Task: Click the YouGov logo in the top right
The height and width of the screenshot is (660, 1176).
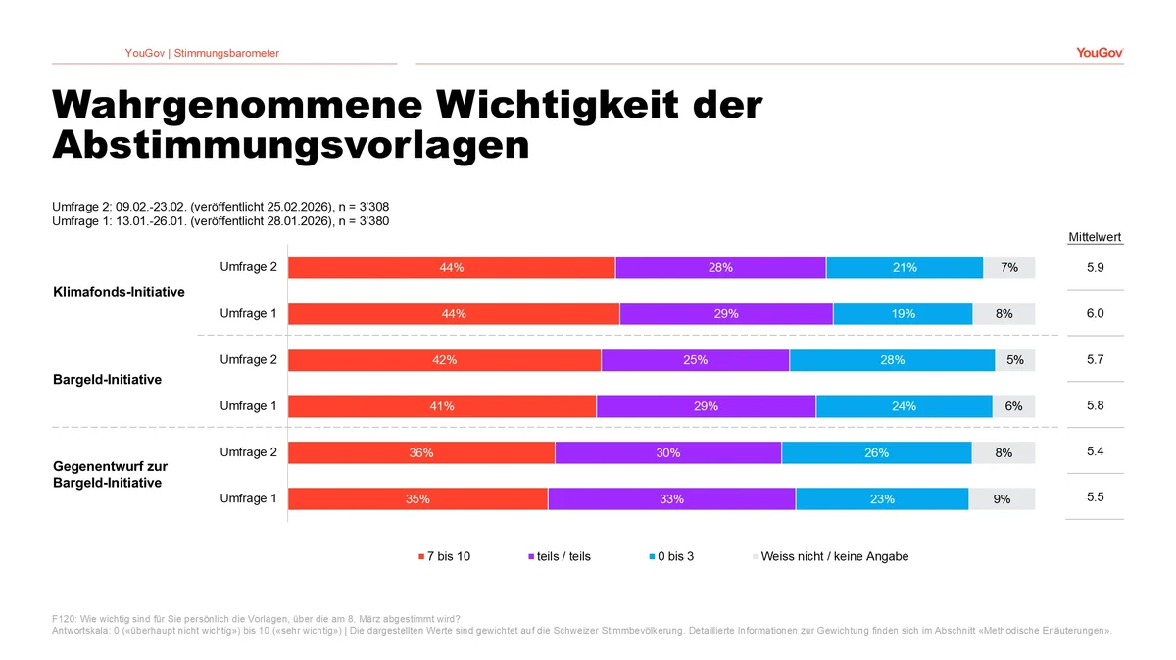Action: (1099, 53)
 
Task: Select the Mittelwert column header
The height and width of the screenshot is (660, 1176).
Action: (1095, 237)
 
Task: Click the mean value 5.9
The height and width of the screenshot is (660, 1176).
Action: (1095, 267)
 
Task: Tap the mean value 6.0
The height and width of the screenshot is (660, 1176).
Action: (1095, 313)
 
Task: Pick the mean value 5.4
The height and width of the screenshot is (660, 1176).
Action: (1095, 451)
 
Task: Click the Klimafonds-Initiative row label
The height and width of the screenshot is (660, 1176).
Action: (119, 292)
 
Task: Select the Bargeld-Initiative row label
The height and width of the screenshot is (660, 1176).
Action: (107, 380)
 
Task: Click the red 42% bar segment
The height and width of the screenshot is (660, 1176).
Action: (444, 360)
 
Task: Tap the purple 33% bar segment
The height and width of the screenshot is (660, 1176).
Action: (671, 499)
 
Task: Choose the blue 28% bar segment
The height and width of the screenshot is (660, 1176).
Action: (892, 360)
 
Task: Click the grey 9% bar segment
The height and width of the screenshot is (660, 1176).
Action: (1002, 499)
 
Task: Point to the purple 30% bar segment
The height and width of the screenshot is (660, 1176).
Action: (668, 452)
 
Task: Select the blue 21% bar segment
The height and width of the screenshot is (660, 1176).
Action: (905, 267)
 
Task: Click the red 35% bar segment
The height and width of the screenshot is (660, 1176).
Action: (417, 499)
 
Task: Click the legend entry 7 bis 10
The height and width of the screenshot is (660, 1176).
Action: (444, 556)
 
